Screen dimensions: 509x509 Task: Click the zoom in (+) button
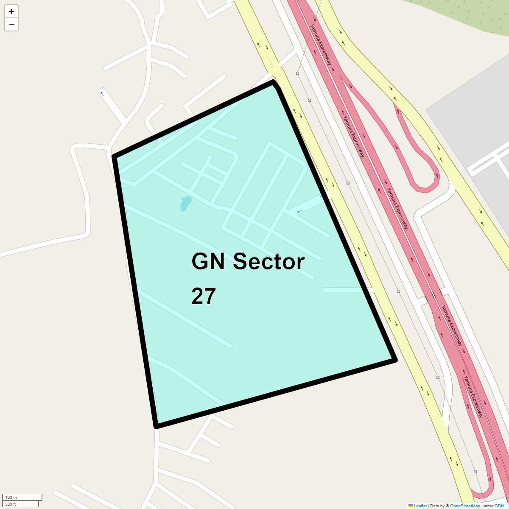(11, 11)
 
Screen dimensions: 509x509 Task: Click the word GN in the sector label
(208, 261)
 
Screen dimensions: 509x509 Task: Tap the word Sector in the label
(269, 261)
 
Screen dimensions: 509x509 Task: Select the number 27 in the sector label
(204, 296)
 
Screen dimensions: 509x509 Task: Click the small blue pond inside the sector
(185, 203)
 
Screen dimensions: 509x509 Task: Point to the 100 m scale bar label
(11, 497)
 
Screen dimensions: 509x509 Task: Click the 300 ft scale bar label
(11, 504)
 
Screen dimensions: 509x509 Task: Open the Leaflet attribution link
(420, 506)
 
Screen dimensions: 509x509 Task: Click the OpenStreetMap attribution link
(465, 506)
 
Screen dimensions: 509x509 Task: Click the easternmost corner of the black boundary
(395, 360)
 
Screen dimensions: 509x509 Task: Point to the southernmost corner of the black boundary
(157, 426)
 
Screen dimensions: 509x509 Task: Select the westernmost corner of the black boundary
(114, 157)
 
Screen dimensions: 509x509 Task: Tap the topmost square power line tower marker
(298, 73)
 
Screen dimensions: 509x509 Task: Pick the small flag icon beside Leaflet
(411, 506)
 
